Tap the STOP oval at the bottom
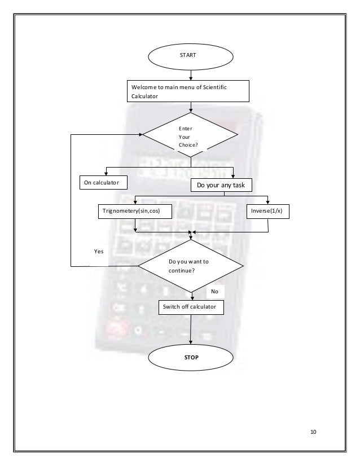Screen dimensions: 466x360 tap(191, 358)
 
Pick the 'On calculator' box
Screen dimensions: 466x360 tap(102, 183)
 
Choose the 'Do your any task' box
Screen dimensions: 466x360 tap(224, 184)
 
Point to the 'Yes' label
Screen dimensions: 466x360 tap(99, 252)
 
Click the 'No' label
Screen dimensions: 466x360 tap(214, 292)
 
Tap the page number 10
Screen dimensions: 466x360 tap(314, 433)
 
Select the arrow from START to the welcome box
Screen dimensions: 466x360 tap(191, 73)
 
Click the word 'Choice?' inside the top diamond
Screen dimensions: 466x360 tap(188, 144)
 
